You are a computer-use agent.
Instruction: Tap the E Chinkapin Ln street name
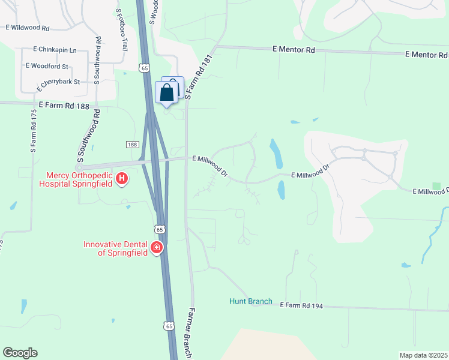[x=55, y=49]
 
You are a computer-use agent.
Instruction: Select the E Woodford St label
[x=47, y=66]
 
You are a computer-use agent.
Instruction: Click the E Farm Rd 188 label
[x=63, y=106]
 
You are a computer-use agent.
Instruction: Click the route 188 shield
[x=133, y=145]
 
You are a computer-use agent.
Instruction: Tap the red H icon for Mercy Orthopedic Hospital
[x=122, y=178]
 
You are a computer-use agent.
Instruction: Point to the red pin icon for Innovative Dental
[x=157, y=247]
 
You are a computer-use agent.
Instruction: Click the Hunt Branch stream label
[x=251, y=301]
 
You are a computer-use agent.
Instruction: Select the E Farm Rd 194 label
[x=301, y=306]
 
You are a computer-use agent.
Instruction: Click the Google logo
[x=20, y=353]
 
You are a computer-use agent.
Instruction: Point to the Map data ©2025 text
[x=423, y=355]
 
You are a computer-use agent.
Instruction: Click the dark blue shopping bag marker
[x=167, y=92]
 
